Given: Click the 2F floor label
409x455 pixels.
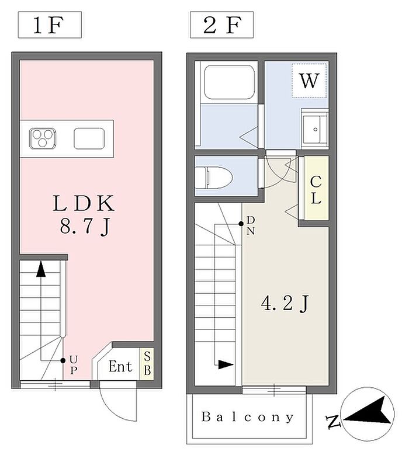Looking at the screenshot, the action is (221, 25).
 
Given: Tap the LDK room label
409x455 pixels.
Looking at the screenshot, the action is (84, 203).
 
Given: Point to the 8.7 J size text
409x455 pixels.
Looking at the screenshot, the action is (85, 227).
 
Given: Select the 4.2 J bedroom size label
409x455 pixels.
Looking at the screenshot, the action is (285, 304).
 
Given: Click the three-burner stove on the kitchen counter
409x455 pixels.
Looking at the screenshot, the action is (43, 138).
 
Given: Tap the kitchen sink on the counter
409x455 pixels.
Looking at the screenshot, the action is (89, 138).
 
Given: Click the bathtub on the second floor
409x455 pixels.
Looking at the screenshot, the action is (229, 82).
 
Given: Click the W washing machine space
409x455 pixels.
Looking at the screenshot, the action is (310, 81).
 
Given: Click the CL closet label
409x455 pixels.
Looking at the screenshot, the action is (316, 190).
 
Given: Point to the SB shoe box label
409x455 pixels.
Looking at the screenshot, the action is (147, 363).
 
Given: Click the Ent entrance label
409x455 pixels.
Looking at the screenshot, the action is (120, 366).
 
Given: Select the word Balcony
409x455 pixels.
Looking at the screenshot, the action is (248, 417).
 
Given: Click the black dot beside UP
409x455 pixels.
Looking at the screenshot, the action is (63, 360).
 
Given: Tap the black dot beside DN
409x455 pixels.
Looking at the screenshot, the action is (241, 224).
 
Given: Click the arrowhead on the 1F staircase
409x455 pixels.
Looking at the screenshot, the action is (41, 269).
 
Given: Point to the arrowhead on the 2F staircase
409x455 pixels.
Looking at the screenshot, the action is (226, 364).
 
